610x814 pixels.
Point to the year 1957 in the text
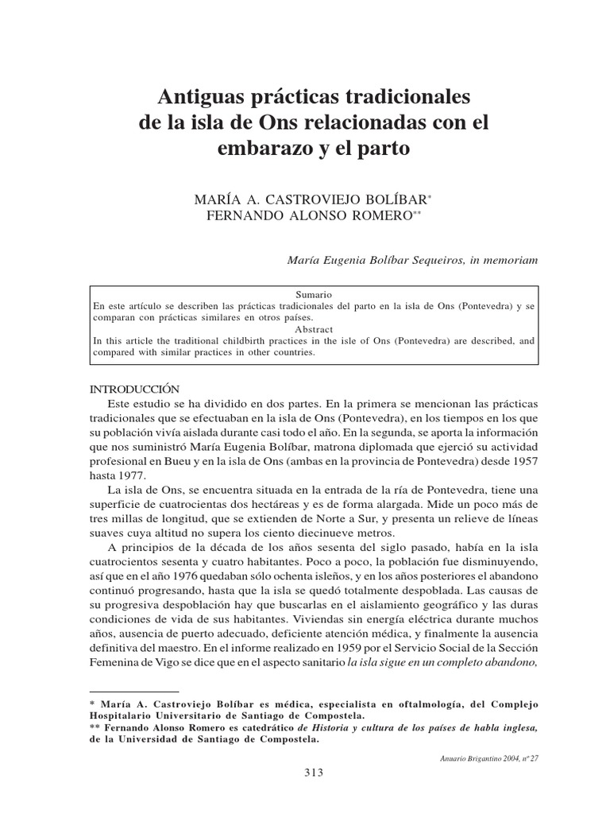pyautogui.click(x=522, y=460)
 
